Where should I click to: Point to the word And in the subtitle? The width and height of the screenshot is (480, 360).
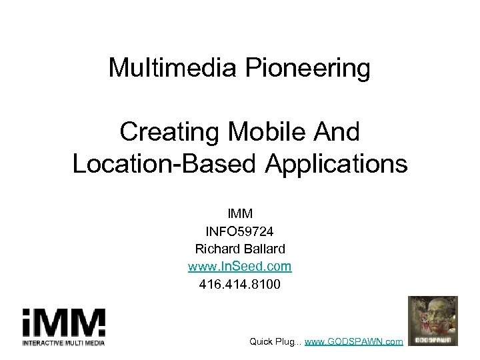[336, 132]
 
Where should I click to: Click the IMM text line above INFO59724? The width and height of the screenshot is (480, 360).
[240, 214]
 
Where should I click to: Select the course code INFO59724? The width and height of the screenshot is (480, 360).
[240, 231]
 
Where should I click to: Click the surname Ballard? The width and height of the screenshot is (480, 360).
[263, 249]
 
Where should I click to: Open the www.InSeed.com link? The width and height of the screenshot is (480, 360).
[240, 267]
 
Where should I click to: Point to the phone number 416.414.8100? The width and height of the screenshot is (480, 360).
[240, 284]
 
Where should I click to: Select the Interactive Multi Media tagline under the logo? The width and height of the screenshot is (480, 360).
[63, 343]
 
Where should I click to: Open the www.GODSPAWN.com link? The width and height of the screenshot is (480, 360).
[354, 341]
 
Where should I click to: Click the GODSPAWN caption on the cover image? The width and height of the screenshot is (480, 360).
[433, 340]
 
